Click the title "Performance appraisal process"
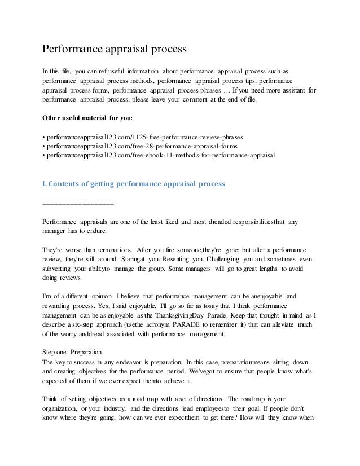[115, 50]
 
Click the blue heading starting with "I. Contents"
[134, 184]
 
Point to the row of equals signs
[78, 203]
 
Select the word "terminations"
[109, 249]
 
